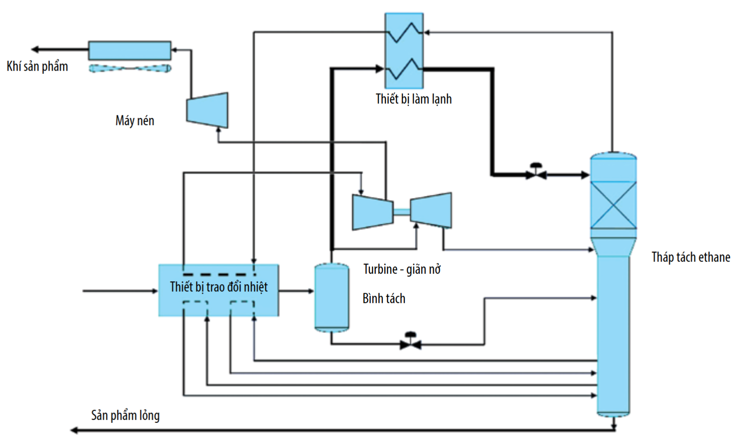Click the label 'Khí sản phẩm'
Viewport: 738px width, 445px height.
click(x=37, y=66)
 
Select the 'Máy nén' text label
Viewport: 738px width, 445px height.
click(x=135, y=120)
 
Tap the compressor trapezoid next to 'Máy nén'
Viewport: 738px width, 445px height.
click(x=208, y=110)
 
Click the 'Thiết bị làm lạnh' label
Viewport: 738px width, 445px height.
click(x=414, y=99)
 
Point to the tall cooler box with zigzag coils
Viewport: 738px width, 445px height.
click(x=404, y=50)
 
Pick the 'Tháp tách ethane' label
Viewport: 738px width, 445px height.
click(x=691, y=257)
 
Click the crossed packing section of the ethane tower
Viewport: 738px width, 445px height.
click(x=613, y=205)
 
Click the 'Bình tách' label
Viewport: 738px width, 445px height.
click(x=384, y=299)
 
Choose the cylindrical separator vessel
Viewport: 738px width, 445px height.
click(x=332, y=297)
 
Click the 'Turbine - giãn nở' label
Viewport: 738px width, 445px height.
click(x=402, y=269)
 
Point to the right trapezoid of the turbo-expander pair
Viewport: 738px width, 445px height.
click(x=431, y=210)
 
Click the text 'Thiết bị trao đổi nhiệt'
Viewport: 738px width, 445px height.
click(x=219, y=287)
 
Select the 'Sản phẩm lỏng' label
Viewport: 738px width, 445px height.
click(x=125, y=415)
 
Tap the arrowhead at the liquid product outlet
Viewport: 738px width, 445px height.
click(x=74, y=430)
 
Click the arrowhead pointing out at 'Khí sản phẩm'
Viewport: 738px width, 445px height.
click(x=35, y=49)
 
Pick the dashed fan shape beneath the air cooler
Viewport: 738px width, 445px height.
click(x=130, y=69)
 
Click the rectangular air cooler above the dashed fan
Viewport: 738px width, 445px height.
click(x=129, y=50)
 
